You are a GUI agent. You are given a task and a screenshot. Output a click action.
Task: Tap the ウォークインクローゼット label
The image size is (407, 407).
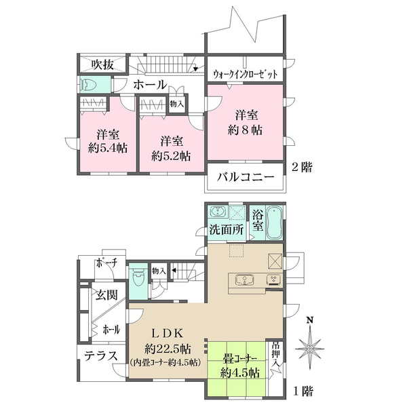pos(246,74)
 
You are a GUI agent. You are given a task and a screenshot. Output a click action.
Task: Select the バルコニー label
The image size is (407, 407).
pos(245,178)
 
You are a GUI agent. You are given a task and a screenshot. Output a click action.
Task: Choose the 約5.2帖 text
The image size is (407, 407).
pos(171,155)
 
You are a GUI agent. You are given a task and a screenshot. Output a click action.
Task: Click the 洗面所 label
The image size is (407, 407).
pos(226,230)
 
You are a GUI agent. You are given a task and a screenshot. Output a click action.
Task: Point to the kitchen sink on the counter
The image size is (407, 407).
pos(243,279)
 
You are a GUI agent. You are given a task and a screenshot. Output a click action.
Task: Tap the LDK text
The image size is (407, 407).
pos(167,333)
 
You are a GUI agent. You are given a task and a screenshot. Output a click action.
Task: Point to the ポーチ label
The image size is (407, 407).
pos(106,263)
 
